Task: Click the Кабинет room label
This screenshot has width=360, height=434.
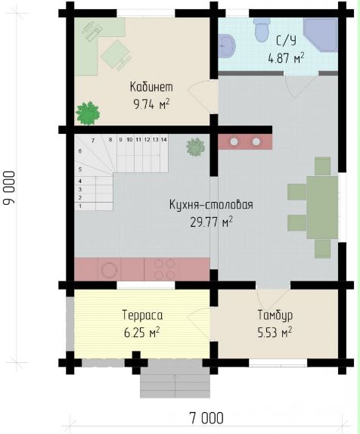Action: [151, 87]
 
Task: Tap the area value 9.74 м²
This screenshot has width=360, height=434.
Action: [151, 104]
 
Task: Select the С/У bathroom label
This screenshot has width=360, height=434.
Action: [286, 41]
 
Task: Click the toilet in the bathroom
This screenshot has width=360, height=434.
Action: [261, 29]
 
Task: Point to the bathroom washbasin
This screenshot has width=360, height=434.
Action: [226, 46]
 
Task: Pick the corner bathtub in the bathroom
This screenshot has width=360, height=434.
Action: [321, 34]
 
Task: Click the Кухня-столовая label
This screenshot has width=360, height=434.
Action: [211, 205]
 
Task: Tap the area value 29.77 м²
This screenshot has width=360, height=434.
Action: [211, 222]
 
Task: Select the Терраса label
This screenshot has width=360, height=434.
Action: [142, 315]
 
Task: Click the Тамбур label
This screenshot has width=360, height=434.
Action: [275, 315]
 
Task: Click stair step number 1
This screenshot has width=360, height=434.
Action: [94, 206]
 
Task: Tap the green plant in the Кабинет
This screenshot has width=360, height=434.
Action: [88, 113]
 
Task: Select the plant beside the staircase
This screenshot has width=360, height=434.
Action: [196, 147]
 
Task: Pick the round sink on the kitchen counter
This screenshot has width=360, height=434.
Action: [109, 270]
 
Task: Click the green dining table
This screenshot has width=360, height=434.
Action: [322, 208]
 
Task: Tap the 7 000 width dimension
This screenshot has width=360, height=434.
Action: [206, 418]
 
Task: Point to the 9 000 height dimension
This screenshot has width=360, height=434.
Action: [9, 188]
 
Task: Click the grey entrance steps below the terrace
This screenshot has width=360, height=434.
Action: [175, 383]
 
